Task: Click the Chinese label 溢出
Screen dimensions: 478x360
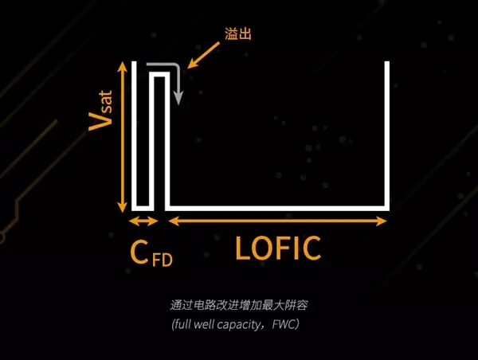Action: pos(238,33)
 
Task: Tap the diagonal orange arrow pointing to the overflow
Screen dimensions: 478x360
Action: pos(203,55)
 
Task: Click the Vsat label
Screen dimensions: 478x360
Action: pos(100,111)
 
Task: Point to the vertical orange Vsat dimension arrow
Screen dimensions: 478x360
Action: pos(122,137)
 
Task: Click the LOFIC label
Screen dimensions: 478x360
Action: pos(278,248)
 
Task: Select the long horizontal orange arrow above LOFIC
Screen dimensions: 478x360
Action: pos(277,221)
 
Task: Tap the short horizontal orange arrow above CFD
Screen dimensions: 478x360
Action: pos(143,221)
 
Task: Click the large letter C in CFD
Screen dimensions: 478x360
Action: pos(139,252)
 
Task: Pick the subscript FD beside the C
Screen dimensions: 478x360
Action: pos(163,260)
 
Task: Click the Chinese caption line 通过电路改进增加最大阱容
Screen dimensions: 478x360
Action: pos(239,305)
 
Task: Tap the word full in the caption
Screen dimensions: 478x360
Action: pos(182,324)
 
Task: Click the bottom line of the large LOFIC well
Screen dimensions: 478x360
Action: pos(277,209)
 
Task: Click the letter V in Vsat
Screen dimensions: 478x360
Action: pos(100,121)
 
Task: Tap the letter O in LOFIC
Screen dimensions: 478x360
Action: pos(264,248)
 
